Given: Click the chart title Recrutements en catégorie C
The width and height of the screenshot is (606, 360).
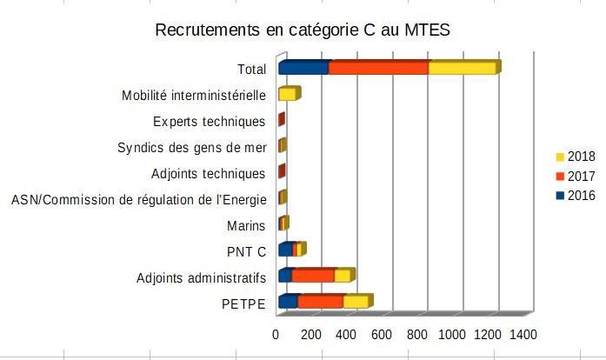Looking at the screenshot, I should [x=302, y=30].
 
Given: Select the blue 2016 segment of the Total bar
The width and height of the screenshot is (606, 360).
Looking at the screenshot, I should [x=303, y=69].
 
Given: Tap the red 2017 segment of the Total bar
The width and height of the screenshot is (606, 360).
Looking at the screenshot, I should [x=378, y=69].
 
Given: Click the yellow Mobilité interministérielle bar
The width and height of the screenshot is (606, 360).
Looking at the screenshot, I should [x=287, y=95].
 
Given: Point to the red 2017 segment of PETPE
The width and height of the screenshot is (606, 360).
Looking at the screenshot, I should [x=320, y=302].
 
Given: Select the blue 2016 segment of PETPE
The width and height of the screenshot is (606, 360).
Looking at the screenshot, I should [x=288, y=302].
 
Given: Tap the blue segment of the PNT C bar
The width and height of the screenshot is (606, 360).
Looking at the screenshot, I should [x=285, y=250].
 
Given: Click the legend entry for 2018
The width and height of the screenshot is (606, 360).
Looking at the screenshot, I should [x=575, y=157].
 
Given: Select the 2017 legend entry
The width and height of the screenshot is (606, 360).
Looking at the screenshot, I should [x=575, y=176].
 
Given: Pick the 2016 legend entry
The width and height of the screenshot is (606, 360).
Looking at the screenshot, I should [x=575, y=196].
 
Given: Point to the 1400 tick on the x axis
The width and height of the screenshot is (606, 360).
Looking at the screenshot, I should [x=523, y=335].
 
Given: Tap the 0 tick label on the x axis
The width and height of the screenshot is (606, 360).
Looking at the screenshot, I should [x=276, y=335].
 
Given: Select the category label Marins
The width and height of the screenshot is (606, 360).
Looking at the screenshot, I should [x=245, y=226].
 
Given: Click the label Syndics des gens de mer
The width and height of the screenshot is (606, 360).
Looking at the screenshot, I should [x=191, y=147].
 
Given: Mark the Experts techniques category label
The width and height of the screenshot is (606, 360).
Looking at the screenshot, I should [x=209, y=121].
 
